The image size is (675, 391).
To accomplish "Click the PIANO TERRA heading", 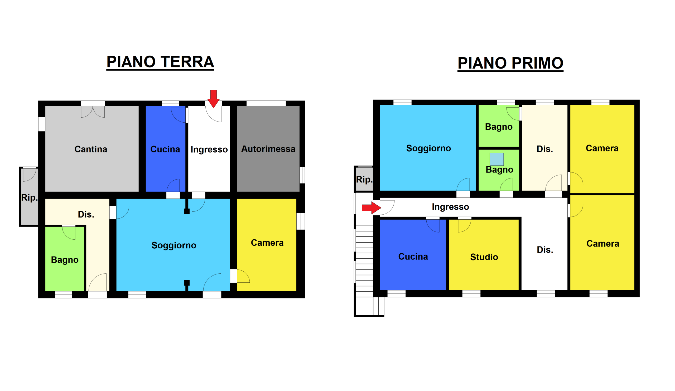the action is click(160, 62).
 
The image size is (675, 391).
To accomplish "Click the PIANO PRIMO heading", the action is click(510, 63).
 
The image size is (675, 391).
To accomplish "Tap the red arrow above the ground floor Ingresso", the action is click(214, 99).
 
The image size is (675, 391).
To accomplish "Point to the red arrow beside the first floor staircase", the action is click(371, 207).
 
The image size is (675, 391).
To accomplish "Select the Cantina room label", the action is click(91, 149).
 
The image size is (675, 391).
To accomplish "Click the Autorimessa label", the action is click(268, 149).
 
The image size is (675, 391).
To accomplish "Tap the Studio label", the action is click(484, 257).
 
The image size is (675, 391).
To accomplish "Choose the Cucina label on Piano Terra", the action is click(165, 149).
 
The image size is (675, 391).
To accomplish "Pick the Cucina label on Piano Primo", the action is click(413, 257).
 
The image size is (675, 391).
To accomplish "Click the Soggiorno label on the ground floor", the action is click(174, 245).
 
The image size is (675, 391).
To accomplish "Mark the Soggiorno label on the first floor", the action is click(428, 148).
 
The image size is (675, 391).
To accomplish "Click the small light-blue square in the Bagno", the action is click(496, 159).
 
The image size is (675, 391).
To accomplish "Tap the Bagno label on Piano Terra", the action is click(65, 260).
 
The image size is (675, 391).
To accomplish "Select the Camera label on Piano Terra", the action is click(267, 243).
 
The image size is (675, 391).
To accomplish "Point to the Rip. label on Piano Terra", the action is click(29, 198).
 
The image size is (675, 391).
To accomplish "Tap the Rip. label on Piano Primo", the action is click(364, 180).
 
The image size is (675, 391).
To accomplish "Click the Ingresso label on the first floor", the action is click(450, 207).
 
